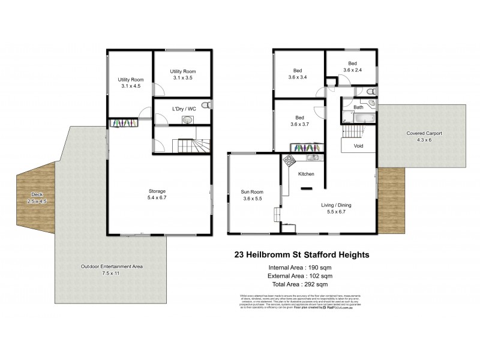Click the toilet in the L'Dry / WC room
pyautogui.click(x=206, y=105)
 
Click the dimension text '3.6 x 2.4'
pyautogui.click(x=353, y=70)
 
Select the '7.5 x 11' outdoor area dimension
pyautogui.click(x=112, y=273)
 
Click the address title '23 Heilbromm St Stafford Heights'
pyautogui.click(x=301, y=254)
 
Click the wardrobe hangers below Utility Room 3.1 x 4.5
pyautogui.click(x=123, y=123)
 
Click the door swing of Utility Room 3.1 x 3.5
pyautogui.click(x=159, y=90)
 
